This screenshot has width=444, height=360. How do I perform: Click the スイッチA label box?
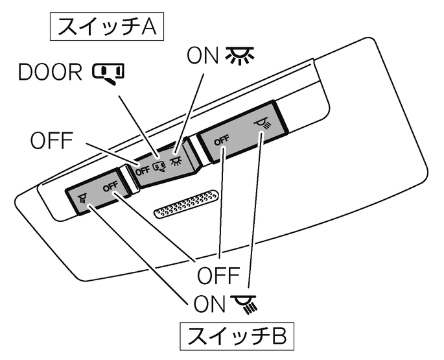[108, 28]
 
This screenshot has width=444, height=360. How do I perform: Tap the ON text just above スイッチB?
[207, 303]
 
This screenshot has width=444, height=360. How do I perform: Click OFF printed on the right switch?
[222, 139]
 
